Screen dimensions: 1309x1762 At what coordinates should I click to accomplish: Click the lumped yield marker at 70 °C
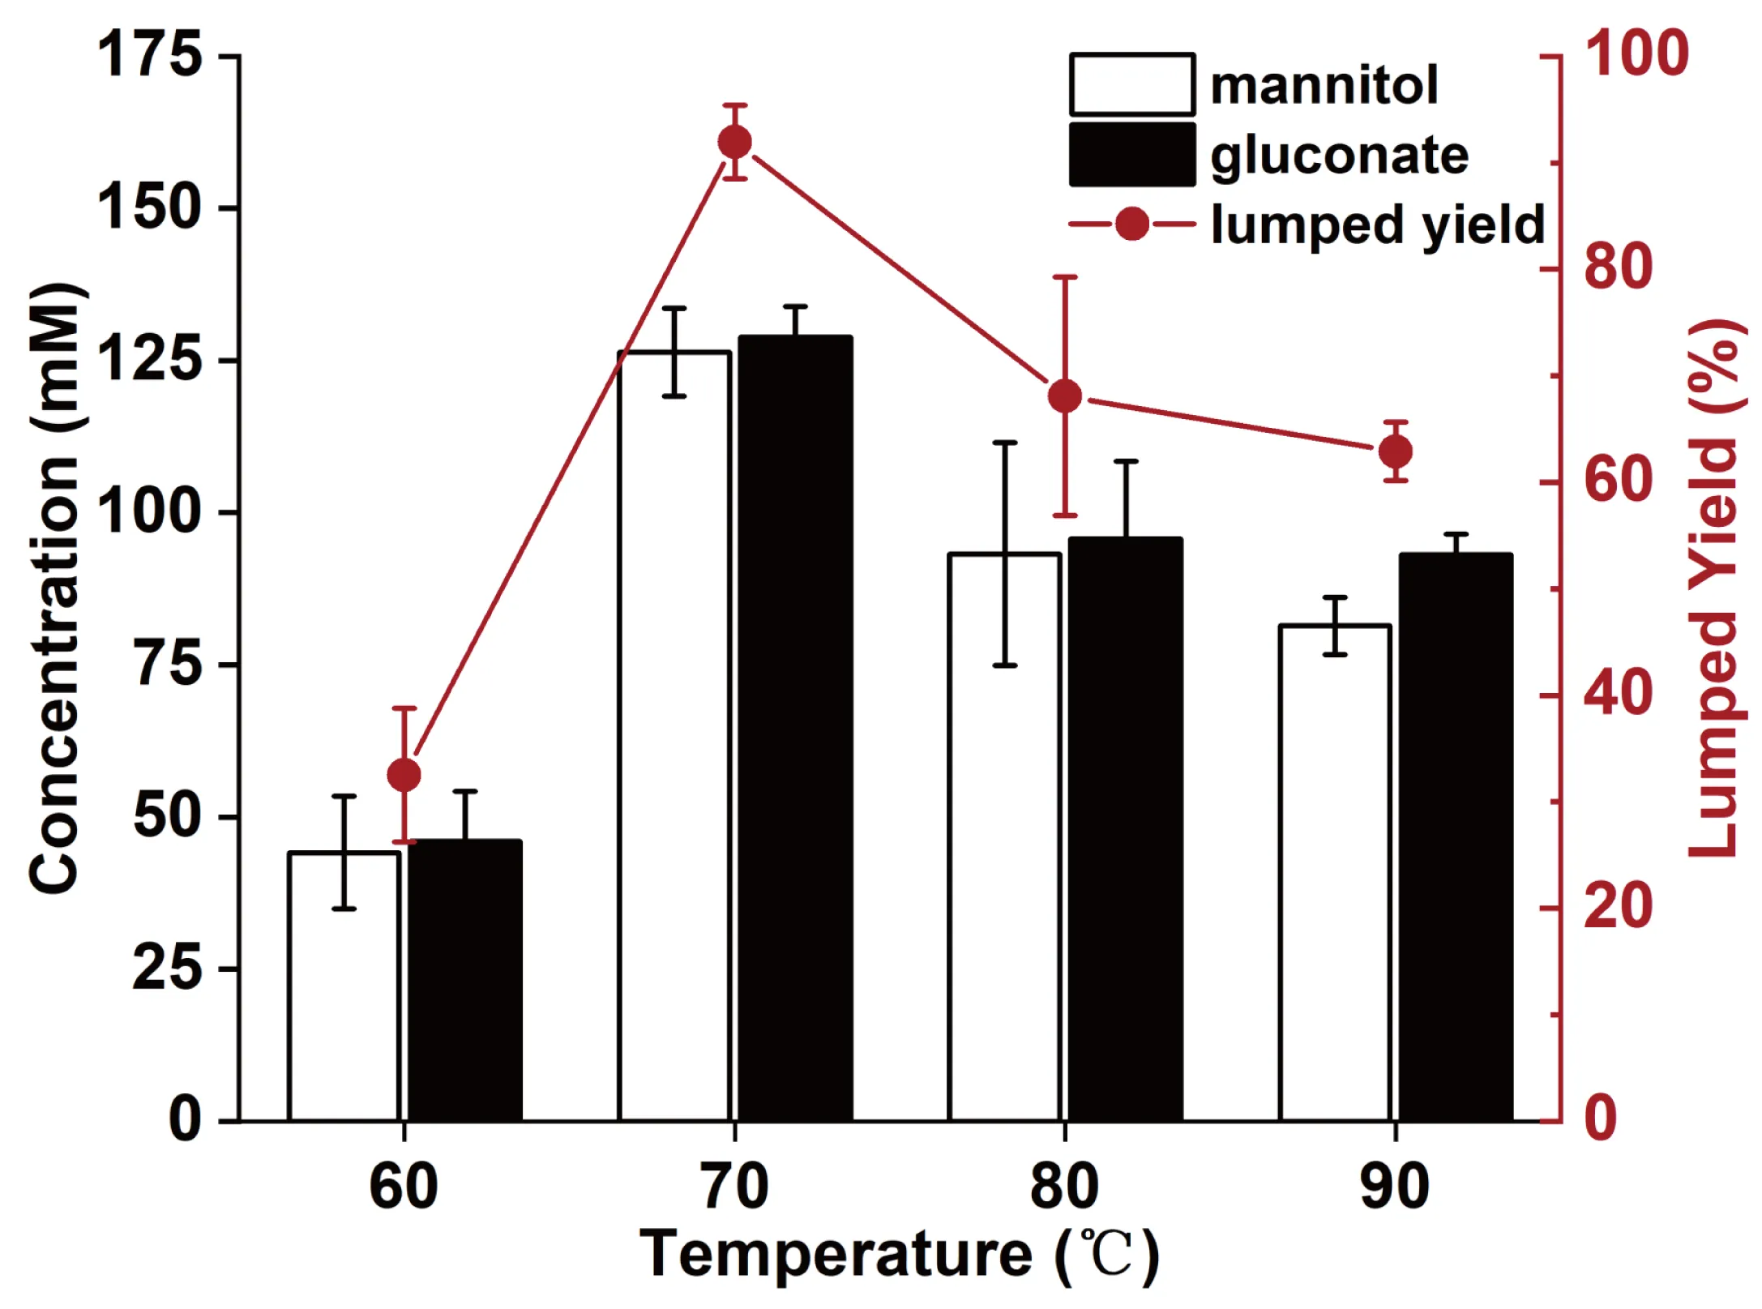pyautogui.click(x=735, y=143)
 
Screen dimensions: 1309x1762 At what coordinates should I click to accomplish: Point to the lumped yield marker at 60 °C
pyautogui.click(x=404, y=776)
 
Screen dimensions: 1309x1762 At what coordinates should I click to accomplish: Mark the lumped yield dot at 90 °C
pyautogui.click(x=1396, y=451)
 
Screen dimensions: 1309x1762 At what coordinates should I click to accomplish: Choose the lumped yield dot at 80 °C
pyautogui.click(x=1065, y=396)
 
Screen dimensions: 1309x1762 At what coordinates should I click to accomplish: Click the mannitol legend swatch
pyautogui.click(x=1131, y=84)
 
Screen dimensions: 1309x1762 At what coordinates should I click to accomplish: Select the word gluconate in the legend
pyautogui.click(x=1339, y=156)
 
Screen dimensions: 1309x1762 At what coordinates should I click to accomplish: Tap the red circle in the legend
pyautogui.click(x=1131, y=224)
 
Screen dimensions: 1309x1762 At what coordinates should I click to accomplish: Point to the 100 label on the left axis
pyautogui.click(x=149, y=511)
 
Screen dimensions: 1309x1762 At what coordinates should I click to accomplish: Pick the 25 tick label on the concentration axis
pyautogui.click(x=167, y=968)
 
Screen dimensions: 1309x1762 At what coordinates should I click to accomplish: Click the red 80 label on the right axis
pyautogui.click(x=1618, y=267)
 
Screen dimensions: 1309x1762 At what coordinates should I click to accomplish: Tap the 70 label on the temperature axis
pyautogui.click(x=734, y=1187)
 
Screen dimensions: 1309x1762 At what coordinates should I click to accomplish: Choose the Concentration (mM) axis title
pyautogui.click(x=55, y=588)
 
